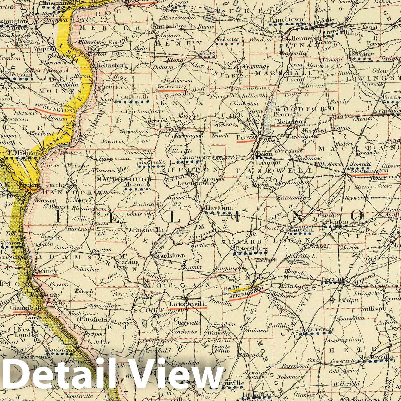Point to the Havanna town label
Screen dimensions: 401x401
coord(216,208)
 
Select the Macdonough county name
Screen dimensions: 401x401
coord(125,179)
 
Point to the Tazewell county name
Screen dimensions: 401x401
coord(275,171)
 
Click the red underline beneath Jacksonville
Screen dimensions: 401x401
coord(196,307)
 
